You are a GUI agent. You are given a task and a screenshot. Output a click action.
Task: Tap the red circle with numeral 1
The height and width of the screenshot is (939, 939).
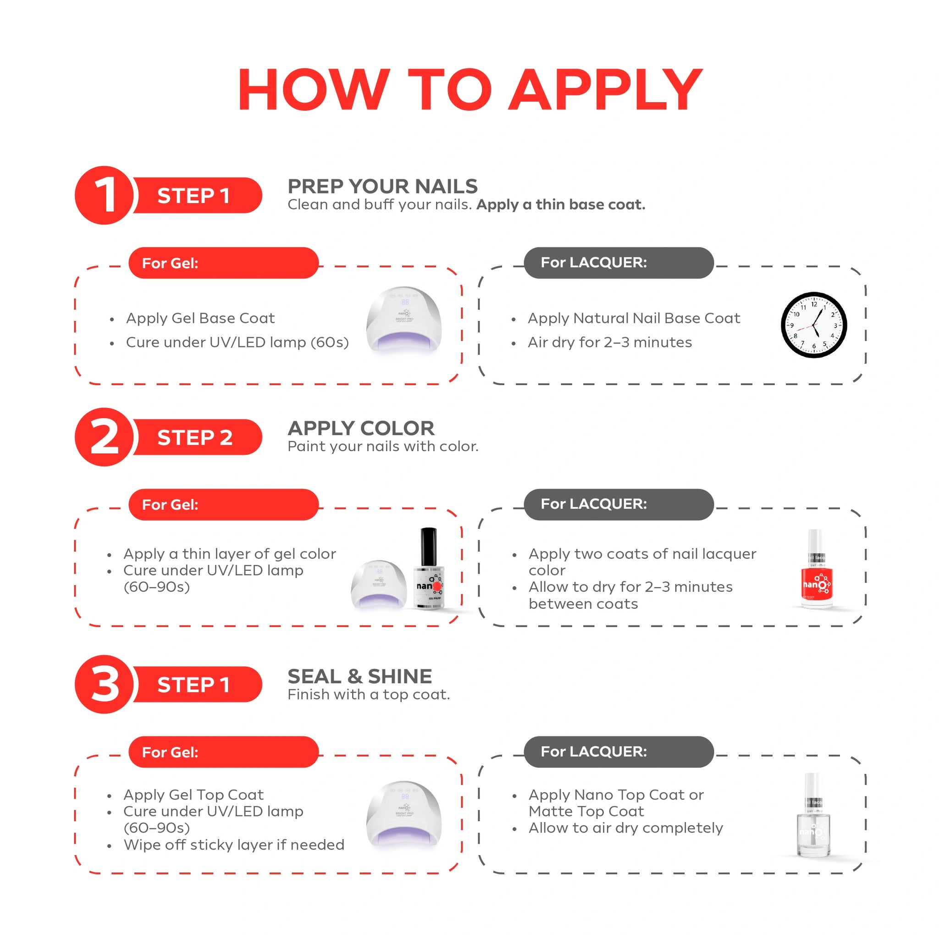(104, 195)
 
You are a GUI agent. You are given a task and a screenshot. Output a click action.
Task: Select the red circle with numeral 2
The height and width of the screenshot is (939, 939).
(104, 437)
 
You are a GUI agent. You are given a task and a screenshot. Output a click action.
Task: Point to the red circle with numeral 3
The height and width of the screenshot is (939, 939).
(104, 685)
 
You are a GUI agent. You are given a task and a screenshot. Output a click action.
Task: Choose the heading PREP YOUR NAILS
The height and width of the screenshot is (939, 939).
(382, 186)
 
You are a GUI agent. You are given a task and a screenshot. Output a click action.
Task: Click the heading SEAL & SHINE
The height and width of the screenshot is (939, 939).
(359, 676)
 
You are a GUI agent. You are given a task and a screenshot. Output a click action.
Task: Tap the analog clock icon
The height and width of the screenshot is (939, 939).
(814, 325)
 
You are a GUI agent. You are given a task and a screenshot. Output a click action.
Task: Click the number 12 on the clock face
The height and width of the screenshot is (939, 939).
(814, 304)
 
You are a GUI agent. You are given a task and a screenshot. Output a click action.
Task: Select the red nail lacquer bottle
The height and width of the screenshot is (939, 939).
(817, 569)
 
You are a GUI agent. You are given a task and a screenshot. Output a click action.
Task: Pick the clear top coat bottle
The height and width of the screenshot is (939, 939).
(814, 815)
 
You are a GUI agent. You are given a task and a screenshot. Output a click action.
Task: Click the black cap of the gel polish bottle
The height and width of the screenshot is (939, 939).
(428, 547)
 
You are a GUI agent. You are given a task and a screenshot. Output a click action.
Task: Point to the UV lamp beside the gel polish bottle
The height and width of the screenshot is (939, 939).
(379, 584)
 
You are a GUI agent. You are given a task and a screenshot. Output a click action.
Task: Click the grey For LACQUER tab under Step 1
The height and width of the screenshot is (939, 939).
(619, 262)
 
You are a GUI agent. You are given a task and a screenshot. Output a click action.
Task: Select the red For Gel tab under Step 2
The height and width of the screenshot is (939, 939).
(224, 504)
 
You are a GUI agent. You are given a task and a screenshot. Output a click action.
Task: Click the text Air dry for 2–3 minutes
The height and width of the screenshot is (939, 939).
(609, 342)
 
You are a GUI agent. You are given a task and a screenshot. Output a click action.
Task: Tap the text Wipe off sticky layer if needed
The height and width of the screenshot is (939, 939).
(234, 845)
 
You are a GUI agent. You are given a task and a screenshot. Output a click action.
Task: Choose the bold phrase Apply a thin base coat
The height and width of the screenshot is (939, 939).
(561, 204)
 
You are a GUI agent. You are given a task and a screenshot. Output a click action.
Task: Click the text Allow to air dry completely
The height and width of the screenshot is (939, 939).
(625, 828)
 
